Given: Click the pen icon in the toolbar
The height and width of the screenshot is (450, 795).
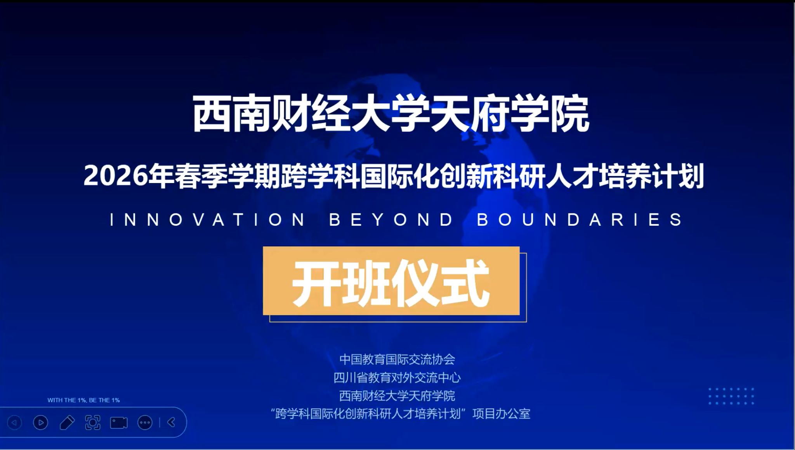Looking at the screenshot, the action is pos(67,422).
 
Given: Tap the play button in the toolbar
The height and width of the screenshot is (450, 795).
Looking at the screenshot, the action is pos(41,422).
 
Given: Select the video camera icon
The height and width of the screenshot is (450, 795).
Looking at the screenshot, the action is pos(119,422).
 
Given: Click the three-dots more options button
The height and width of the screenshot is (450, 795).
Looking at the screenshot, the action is pos(145,422).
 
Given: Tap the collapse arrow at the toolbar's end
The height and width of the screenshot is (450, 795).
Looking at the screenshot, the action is pos(171,422).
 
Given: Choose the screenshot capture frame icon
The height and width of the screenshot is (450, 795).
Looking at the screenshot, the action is pos(93,422).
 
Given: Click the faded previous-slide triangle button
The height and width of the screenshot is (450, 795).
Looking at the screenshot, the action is pos(15,422).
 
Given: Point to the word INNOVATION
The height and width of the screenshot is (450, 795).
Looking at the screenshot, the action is pos(208,220).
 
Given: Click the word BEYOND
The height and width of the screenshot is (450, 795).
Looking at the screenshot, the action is pos(391,220).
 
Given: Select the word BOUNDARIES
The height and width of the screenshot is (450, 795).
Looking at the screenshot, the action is pos(580,220).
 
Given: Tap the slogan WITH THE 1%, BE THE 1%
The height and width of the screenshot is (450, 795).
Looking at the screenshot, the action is pos(83,400).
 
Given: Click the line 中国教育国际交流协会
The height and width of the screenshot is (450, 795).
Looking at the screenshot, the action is pos(397,359).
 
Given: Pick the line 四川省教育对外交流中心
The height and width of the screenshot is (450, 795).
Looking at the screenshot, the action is pos(397,377).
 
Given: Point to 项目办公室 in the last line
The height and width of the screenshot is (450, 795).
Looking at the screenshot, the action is pos(501,413).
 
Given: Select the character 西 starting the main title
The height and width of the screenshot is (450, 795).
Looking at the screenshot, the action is pos(212,114).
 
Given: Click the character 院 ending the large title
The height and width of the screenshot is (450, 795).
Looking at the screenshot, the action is pos(570,114).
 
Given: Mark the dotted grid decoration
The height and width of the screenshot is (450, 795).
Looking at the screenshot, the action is pos(731,396).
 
